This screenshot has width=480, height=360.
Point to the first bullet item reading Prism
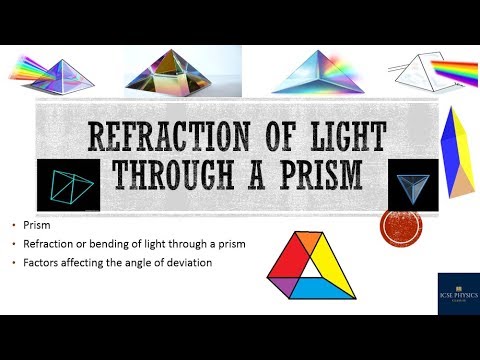pos(36,225)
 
